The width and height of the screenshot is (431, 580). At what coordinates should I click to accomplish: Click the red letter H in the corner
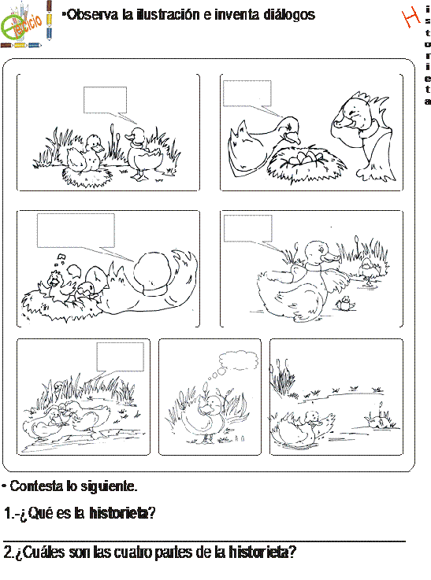411,17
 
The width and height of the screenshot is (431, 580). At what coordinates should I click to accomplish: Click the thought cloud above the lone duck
239,360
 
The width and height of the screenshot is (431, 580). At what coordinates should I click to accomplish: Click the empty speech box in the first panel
106,100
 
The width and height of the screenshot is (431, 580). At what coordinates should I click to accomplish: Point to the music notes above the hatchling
60,260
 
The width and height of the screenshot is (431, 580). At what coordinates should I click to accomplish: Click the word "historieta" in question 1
122,513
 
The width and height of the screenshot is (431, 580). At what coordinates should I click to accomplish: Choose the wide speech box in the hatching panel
76,231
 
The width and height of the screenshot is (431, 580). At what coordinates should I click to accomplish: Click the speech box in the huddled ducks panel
121,357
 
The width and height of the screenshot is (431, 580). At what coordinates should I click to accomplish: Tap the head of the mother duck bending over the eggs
290,130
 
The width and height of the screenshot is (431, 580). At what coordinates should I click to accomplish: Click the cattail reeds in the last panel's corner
283,377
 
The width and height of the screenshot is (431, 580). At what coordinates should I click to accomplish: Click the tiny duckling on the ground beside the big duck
346,303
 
